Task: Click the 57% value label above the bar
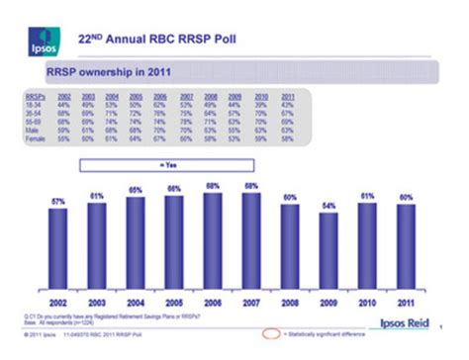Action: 58,201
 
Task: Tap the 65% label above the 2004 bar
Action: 135,189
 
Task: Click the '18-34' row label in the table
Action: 32,103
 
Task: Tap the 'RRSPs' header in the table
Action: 34,95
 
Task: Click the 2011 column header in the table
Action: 288,95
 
